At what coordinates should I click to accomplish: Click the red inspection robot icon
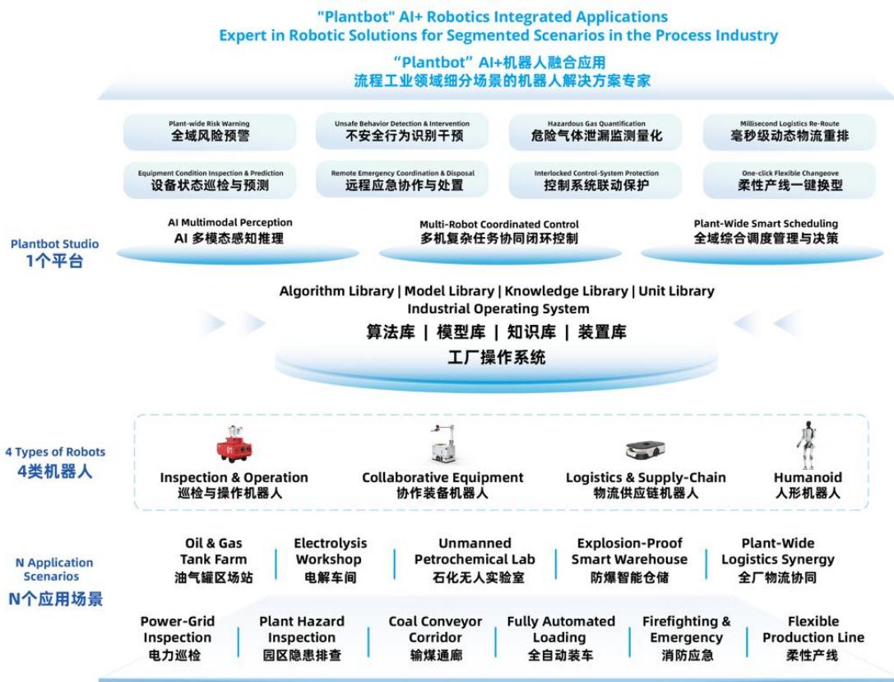234,443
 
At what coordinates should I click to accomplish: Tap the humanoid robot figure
806,445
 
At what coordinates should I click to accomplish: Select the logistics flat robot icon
646,449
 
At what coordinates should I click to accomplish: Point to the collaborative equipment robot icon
443,443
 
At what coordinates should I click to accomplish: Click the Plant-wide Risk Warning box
210,132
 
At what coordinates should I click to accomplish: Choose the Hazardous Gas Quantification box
595,132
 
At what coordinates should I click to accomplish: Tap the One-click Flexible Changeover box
789,180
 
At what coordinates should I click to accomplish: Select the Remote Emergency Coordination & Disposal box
402,180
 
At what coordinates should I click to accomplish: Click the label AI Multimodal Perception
230,222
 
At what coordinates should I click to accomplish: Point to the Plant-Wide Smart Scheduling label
766,224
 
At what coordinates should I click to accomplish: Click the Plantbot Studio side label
55,244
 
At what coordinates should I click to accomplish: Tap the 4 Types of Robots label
55,452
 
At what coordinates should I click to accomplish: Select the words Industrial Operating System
498,309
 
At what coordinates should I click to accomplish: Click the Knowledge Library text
566,291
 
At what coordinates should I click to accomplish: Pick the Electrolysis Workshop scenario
330,560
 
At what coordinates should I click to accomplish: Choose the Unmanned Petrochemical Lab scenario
475,560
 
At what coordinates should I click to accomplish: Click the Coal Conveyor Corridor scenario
436,638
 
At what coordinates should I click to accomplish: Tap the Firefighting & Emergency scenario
687,638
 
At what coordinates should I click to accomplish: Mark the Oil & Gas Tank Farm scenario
214,560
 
